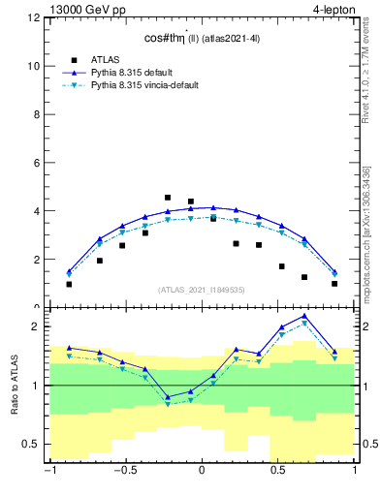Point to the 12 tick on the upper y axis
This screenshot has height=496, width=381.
pos(34,18)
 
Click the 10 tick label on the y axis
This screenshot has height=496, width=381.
pos(34,66)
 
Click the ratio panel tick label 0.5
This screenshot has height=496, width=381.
pos(32,444)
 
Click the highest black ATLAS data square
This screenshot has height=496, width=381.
pos(168,198)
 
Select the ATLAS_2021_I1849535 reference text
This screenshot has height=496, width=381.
pos(201,289)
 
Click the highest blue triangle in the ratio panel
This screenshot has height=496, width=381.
pos(304,316)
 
